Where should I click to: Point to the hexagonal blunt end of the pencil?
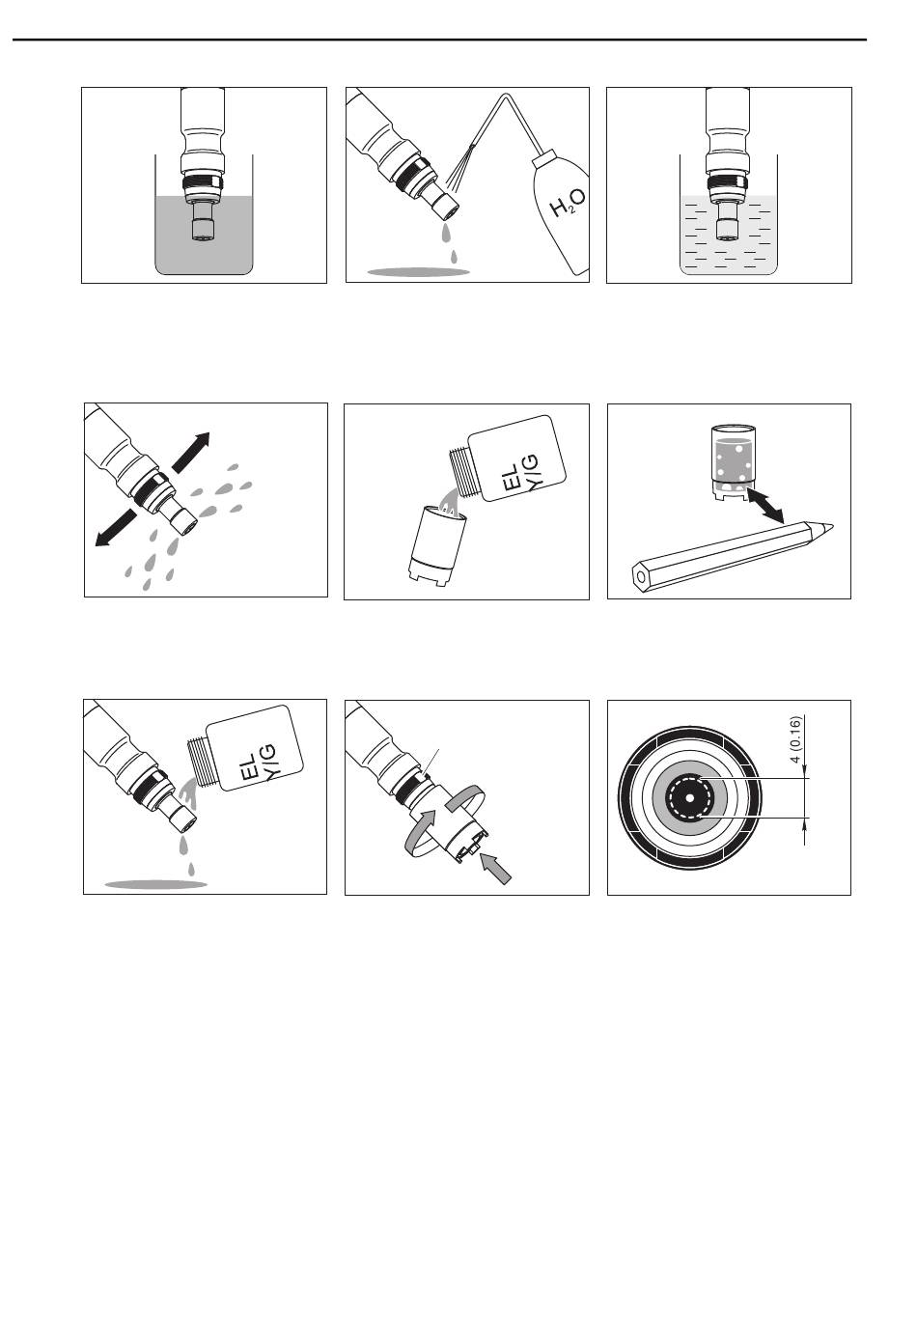click(639, 576)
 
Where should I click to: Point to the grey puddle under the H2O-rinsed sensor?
click(418, 272)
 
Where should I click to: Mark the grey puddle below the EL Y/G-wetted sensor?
click(156, 884)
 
